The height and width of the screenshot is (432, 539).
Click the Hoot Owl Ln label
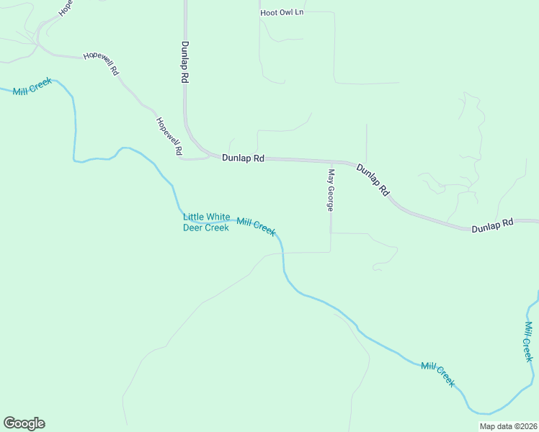tap(282, 13)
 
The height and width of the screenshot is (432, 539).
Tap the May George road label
tap(331, 190)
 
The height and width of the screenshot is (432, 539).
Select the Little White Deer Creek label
tap(206, 222)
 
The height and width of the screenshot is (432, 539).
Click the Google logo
tap(24, 423)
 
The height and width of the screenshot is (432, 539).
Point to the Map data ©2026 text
tap(508, 426)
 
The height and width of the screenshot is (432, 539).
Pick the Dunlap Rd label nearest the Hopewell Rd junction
tap(243, 158)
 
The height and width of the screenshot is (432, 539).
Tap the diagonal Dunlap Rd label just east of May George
tap(373, 180)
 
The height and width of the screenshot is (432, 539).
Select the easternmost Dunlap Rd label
tap(493, 225)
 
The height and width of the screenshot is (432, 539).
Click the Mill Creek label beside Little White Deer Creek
tap(256, 226)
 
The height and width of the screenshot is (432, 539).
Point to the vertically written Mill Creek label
tap(529, 341)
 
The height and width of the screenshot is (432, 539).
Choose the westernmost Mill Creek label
tap(32, 90)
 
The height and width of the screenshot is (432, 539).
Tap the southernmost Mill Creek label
tap(438, 374)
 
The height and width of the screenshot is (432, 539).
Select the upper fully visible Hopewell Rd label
tap(100, 66)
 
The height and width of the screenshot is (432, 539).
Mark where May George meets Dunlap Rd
tap(331, 162)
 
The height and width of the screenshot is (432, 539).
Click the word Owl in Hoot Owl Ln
tap(284, 13)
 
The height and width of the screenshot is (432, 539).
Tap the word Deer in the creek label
tap(194, 228)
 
